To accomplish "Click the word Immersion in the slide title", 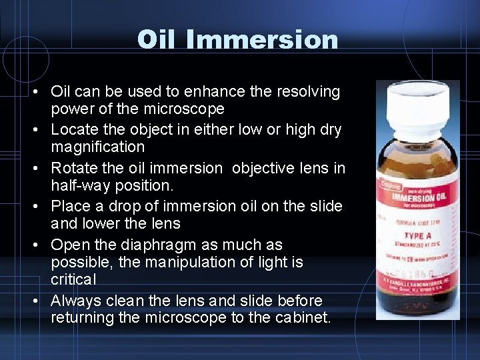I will [x=263, y=40].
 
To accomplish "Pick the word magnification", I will [x=97, y=146].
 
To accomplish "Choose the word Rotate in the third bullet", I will [x=75, y=167].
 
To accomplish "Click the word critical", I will [x=73, y=279].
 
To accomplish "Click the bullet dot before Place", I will [x=41, y=207].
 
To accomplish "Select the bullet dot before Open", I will [x=41, y=245].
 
